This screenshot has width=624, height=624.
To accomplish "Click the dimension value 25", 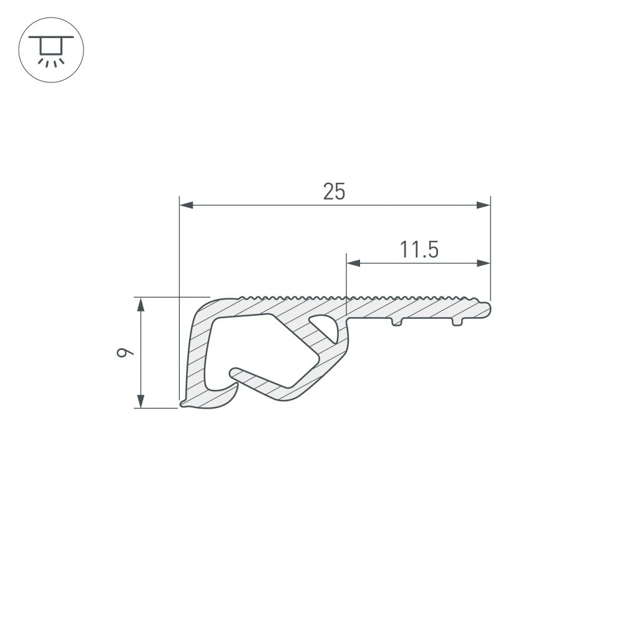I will (x=334, y=192).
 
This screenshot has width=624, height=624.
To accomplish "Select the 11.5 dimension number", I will (x=419, y=250).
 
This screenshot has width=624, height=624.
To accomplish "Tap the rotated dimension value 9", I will (x=127, y=353).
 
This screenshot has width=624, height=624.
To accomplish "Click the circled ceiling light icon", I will (x=51, y=51).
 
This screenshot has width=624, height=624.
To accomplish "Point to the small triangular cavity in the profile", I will (x=324, y=327).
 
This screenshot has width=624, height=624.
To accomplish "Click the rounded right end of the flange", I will (x=488, y=309).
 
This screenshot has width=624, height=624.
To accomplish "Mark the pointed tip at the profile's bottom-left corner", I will (x=182, y=405).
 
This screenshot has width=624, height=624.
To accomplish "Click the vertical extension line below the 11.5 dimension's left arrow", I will (x=346, y=287).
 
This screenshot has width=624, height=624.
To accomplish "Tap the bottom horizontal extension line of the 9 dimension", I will (x=156, y=408).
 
